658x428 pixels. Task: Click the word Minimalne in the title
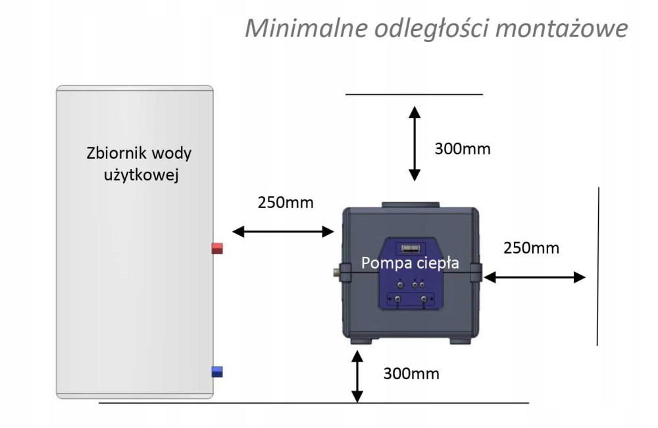pos(307,28)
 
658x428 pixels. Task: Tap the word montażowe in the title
pos(562,28)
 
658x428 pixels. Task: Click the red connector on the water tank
pos(217,248)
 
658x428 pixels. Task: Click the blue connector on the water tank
pos(217,372)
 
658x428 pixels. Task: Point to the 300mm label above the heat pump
pos(463,149)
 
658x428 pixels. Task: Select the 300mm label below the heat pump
pos(411,373)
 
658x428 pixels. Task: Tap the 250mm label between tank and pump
pos(286,202)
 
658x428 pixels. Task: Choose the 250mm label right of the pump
pos(531,248)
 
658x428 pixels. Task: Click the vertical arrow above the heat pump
pos(415,144)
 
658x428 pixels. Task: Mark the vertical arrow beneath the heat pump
pos(357,377)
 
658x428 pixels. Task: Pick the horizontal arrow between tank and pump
pos(283,231)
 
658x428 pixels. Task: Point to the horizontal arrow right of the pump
pos(534,277)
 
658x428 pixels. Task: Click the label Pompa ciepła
pos(410,263)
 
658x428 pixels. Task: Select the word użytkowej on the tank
pos(141,174)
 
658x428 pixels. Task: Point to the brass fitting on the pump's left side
pos(336,272)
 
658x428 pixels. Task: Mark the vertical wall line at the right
pos(598,266)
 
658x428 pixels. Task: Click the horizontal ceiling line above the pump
pos(414,95)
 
